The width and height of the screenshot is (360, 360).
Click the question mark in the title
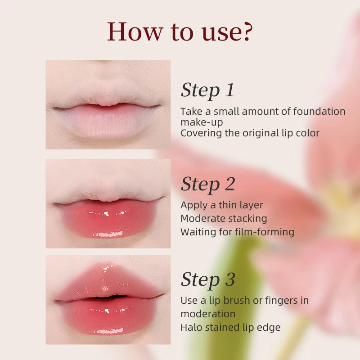[x=247, y=31]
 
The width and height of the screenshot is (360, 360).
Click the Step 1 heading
[x=207, y=90]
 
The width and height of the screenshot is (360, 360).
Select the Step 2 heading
[x=208, y=184]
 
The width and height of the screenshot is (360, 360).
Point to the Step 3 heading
[x=208, y=279]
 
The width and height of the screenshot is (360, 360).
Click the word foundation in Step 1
[x=319, y=111]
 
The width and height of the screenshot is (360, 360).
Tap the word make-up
[x=202, y=122]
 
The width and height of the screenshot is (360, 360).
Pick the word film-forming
[x=264, y=232]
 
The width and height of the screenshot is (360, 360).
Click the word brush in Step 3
[x=241, y=300]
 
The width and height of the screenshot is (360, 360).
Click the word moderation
[x=208, y=314]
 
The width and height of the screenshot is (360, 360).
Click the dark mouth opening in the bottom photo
[x=110, y=297]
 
